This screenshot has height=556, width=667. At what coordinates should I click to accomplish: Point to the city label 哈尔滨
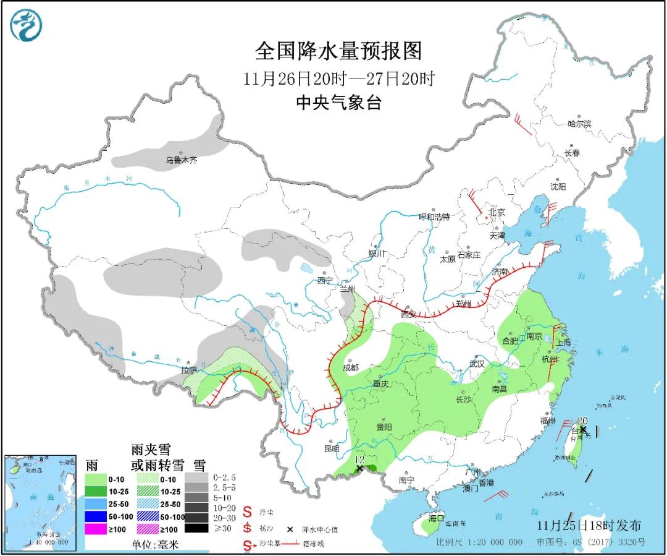click(579, 124)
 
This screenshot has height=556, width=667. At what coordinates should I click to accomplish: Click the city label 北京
click(497, 212)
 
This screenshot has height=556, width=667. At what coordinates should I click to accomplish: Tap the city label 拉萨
click(188, 370)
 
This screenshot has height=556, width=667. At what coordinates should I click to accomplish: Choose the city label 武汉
click(477, 364)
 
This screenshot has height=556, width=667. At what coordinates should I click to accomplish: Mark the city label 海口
click(436, 518)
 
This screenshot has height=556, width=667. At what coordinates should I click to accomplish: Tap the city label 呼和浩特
click(434, 216)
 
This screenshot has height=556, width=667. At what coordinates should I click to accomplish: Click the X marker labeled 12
click(359, 469)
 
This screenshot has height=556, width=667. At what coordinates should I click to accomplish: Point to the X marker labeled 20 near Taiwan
click(582, 429)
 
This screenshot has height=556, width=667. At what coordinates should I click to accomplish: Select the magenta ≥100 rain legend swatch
click(98, 529)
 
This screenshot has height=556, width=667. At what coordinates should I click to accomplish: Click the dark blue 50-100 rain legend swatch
click(98, 516)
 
